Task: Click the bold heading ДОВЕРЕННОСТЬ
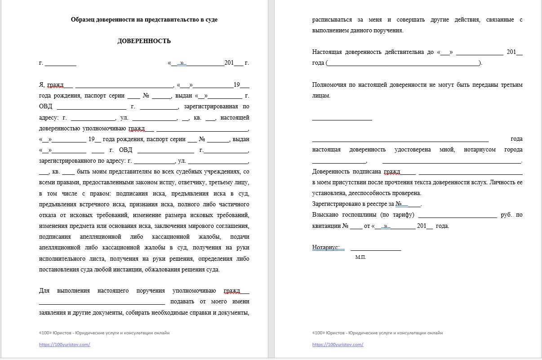pos(144,41)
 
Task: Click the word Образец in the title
pos(83,20)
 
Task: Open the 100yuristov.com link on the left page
pos(65,345)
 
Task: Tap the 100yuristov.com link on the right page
pos(338,345)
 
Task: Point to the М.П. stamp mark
pos(360,258)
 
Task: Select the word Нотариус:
pos(326,247)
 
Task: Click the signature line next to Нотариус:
pos(376,248)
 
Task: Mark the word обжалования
pos(165,270)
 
